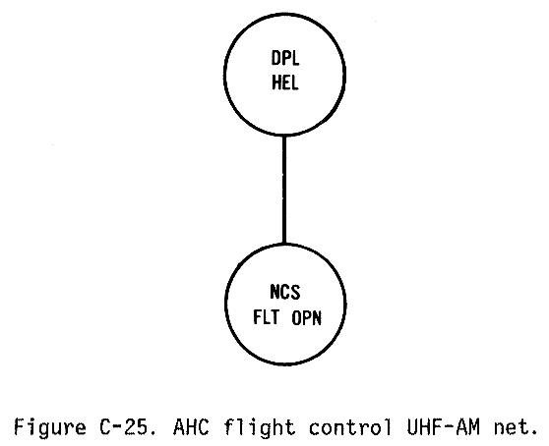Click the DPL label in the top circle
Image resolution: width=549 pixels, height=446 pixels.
pyautogui.click(x=285, y=58)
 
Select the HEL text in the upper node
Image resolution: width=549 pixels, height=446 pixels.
pyautogui.click(x=285, y=84)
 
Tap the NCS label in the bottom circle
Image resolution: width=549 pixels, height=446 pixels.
pyautogui.click(x=285, y=292)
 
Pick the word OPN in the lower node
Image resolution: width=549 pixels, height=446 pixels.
pyautogui.click(x=306, y=318)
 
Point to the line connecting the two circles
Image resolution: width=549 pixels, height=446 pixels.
pyautogui.click(x=284, y=189)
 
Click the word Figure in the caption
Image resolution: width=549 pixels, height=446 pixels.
pyautogui.click(x=50, y=427)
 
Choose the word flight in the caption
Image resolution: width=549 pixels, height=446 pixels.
pyautogui.click(x=260, y=427)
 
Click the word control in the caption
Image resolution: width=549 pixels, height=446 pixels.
pyautogui.click(x=350, y=426)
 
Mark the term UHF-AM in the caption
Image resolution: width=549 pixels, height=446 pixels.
pyautogui.click(x=443, y=426)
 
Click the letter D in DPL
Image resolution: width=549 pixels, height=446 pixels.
pyautogui.click(x=275, y=58)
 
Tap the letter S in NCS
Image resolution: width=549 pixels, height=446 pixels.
pyautogui.click(x=295, y=292)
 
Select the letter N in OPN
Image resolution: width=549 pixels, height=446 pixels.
pyautogui.click(x=316, y=318)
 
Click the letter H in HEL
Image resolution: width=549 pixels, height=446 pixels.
pyautogui.click(x=276, y=84)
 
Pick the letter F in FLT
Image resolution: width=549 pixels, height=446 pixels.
pyautogui.click(x=258, y=317)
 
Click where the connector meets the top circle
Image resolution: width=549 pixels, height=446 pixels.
pyautogui.click(x=284, y=135)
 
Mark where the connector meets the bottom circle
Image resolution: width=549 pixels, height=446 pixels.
pyautogui.click(x=284, y=244)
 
